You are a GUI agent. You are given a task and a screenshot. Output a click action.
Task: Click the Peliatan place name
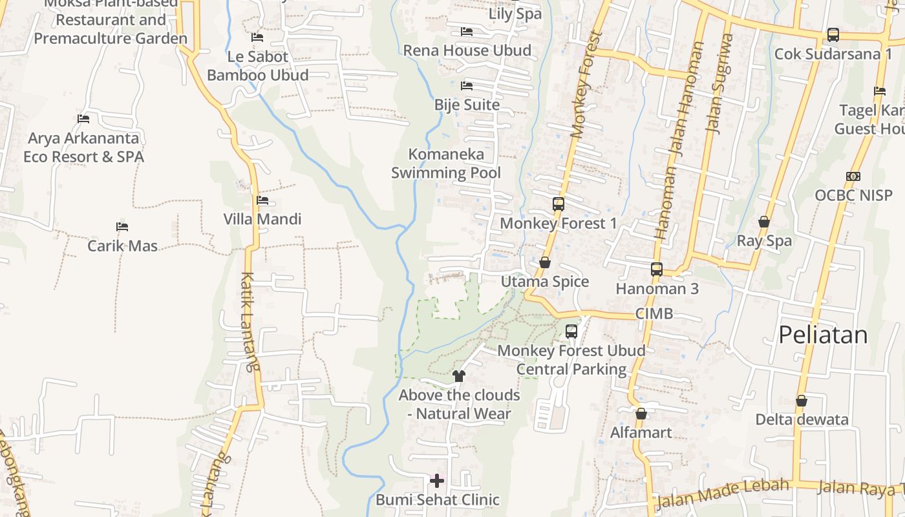[822, 335]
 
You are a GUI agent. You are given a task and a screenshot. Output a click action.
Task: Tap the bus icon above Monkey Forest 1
[559, 204]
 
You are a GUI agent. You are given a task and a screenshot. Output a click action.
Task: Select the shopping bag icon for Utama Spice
[545, 262]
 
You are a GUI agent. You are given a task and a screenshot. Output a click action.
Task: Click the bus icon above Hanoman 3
[657, 269]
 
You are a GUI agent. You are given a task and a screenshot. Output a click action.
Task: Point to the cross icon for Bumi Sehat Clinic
[437, 480]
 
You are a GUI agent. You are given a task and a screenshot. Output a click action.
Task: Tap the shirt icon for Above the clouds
[459, 375]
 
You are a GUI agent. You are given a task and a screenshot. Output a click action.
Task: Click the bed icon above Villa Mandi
[262, 200]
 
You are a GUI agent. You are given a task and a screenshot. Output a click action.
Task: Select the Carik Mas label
[123, 246]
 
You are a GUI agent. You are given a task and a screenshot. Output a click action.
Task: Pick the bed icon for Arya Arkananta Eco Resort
[83, 118]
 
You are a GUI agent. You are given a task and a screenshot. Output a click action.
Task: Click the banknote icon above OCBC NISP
[853, 176]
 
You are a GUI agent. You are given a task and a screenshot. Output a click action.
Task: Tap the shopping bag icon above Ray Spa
[764, 222]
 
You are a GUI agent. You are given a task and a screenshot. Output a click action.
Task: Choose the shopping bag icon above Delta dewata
[802, 401]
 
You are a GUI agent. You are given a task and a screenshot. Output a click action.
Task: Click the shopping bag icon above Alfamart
[641, 414]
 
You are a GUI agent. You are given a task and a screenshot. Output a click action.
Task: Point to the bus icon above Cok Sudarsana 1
[833, 35]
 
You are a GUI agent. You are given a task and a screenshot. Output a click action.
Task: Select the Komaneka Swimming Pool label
[446, 164]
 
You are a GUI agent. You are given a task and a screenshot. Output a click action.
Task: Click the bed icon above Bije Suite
[467, 85]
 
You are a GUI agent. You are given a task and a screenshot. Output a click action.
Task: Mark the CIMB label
[654, 314]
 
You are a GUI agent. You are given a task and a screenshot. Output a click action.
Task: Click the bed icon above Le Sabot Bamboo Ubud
[257, 37]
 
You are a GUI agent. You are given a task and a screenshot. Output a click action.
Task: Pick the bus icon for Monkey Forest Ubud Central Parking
[571, 332]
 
